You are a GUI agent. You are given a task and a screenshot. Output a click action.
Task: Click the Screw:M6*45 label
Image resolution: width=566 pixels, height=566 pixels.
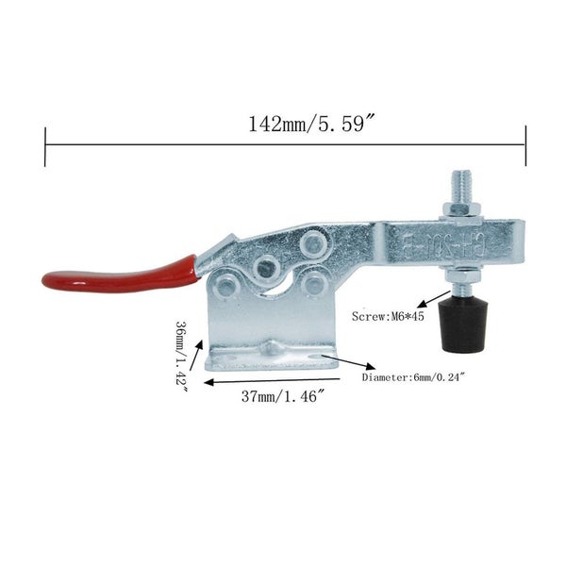pyautogui.click(x=388, y=318)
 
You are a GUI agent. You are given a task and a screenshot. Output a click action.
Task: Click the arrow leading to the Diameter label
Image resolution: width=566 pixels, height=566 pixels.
pyautogui.click(x=353, y=365)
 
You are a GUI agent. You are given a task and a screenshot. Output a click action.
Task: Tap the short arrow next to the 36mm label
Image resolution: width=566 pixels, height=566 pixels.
pyautogui.click(x=199, y=358)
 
